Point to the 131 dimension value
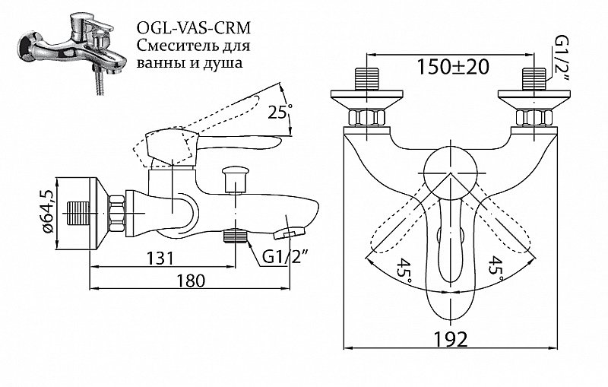click(x=160, y=258)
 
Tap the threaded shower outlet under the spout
click(x=237, y=236)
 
